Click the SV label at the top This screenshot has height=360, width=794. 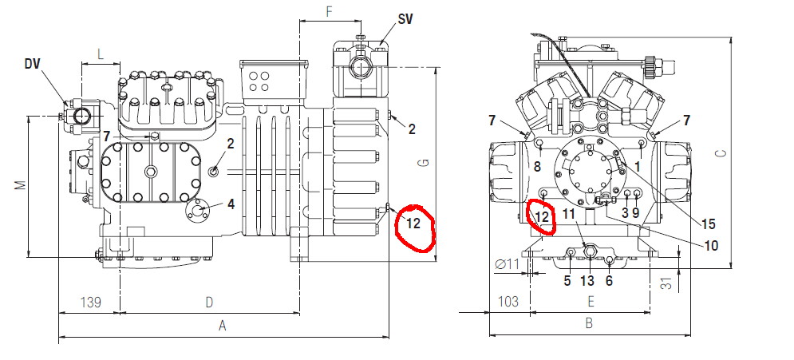405,19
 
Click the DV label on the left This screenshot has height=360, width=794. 32,63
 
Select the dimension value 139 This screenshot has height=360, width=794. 91,303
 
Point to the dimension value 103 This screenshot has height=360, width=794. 508,301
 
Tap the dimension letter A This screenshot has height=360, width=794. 222,326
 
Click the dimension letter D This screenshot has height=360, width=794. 209,303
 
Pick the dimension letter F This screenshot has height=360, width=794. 329,12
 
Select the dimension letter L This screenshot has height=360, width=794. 101,55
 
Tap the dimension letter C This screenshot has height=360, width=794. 723,152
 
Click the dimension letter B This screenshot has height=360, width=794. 588,323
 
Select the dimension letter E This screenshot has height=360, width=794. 590,302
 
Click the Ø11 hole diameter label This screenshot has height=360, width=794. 508,263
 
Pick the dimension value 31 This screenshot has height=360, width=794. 669,284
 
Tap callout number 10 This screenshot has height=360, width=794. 711,246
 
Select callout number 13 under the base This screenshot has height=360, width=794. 587,280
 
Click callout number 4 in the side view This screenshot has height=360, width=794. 231,204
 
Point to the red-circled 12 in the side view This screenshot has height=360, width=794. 413,224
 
